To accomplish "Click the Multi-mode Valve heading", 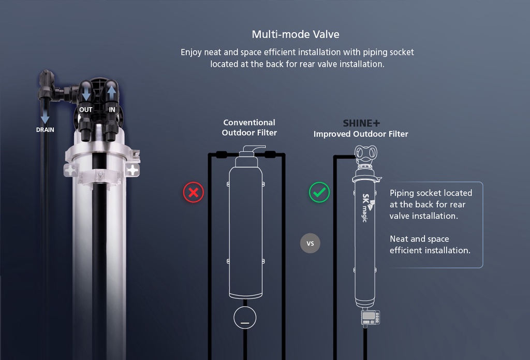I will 296,35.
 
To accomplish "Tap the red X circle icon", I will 194,193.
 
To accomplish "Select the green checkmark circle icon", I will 319,193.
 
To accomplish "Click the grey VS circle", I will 311,243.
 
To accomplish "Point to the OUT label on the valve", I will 86,110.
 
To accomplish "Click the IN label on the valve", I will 112,110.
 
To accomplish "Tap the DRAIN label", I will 45,130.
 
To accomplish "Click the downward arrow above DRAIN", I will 46,115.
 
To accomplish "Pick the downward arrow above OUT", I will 86,94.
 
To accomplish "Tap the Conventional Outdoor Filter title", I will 249,127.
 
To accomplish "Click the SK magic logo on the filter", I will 366,207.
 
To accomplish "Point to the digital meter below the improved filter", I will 370,318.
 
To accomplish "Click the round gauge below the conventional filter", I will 245,317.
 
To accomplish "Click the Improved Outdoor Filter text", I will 361,134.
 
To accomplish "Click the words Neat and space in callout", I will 419,239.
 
